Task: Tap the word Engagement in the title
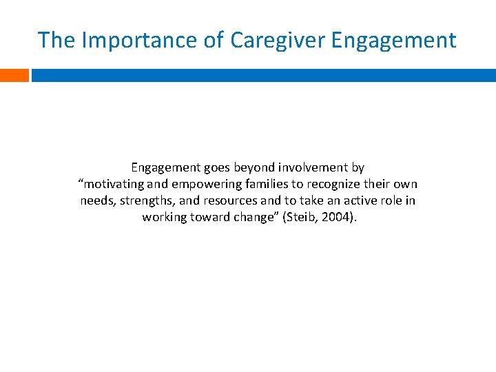pos(393,40)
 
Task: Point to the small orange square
pos(14,75)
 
